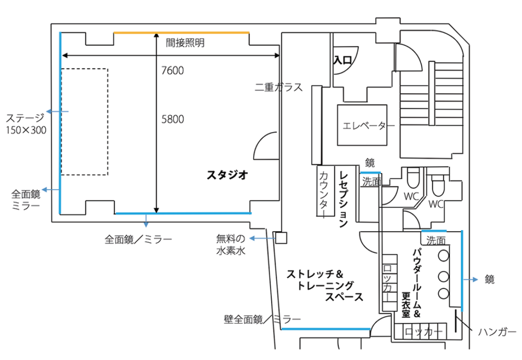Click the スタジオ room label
pos(227,174)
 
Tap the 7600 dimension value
pos(172,71)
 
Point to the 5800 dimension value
pos(173,119)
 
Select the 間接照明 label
pos(185,42)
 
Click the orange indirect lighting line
pos(181,33)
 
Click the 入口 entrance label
pos(343,60)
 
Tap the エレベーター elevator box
pos(362,125)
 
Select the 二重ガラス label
pos(279,87)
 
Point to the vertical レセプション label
pos(344,199)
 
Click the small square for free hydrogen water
pos(281,238)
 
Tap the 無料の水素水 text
pos(231,244)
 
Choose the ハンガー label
pos(497,332)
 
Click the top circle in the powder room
pos(444,255)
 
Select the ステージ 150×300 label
pos(26,124)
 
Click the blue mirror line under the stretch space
pos(326,330)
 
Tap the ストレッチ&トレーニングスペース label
pos(325,285)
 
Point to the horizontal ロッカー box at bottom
pos(421,331)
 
